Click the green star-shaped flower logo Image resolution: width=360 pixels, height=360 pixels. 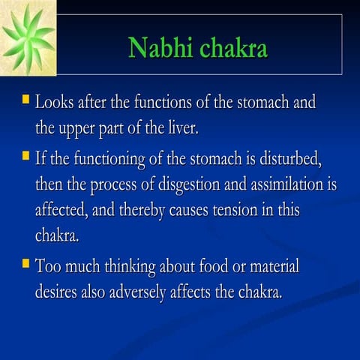point(29,38)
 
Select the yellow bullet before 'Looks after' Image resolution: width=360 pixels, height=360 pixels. point(26,98)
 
